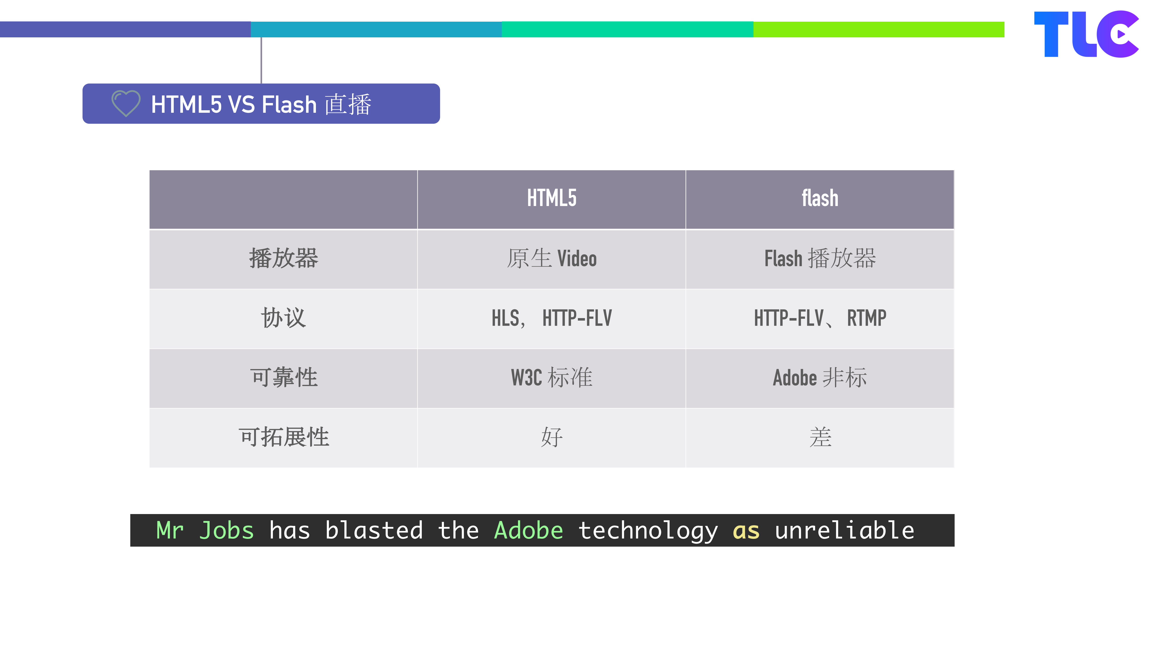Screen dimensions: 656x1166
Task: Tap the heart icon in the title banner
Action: coord(126,103)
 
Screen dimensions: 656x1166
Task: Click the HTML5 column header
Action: coord(551,198)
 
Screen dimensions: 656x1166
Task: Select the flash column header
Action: coord(820,198)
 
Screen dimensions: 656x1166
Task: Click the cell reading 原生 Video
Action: coord(551,259)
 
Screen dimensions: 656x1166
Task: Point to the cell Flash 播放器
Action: coord(820,259)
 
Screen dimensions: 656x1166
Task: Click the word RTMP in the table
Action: coord(866,318)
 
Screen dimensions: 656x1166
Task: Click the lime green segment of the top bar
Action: coord(878,29)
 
